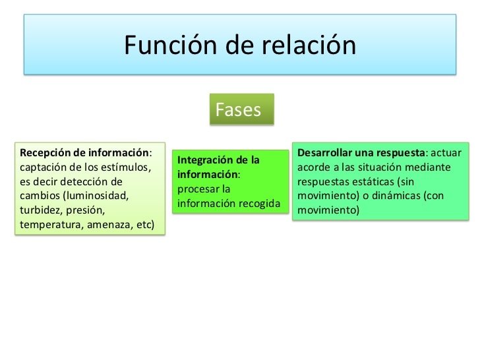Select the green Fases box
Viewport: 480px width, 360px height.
click(241, 109)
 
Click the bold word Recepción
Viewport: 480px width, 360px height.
click(47, 152)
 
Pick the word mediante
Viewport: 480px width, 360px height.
click(428, 167)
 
